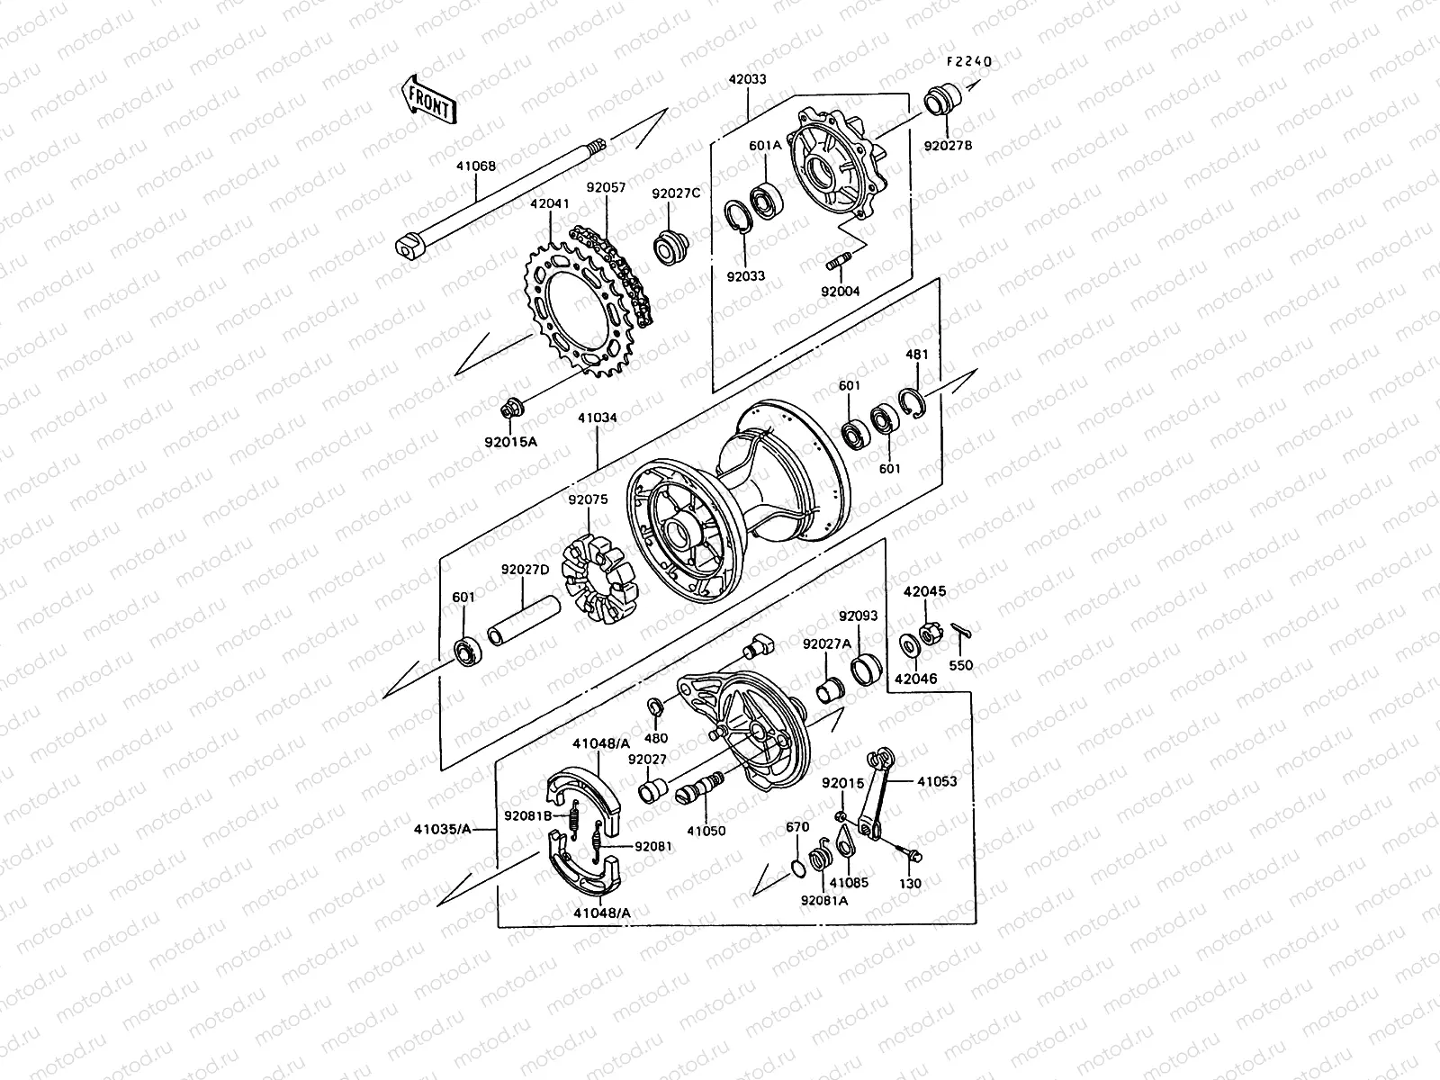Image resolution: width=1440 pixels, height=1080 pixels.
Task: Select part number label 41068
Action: (x=476, y=166)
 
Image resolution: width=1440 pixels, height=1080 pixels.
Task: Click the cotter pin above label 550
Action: (x=960, y=627)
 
